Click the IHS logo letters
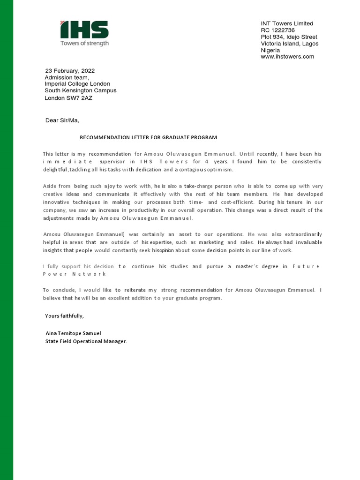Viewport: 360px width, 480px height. point(84,30)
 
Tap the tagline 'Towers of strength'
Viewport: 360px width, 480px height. point(84,43)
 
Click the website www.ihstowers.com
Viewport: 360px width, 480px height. point(287,57)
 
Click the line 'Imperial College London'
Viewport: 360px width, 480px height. point(77,84)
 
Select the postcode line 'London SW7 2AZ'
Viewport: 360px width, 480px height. point(68,98)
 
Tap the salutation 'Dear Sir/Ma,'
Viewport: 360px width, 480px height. point(62,120)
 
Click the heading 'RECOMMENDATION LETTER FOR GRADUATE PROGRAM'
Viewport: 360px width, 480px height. point(149,137)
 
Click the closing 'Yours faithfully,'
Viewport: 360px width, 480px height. point(64,316)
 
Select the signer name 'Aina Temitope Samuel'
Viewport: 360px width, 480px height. point(73,333)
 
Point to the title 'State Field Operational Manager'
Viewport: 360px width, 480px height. point(86,341)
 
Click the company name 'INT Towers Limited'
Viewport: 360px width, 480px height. point(287,23)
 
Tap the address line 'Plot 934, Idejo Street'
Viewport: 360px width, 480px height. point(289,37)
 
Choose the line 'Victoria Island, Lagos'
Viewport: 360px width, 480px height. point(290,44)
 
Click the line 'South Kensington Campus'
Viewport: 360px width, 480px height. point(81,90)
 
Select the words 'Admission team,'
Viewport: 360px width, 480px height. point(67,77)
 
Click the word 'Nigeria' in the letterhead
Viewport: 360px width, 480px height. point(270,50)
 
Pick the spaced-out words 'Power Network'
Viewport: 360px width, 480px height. point(74,274)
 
